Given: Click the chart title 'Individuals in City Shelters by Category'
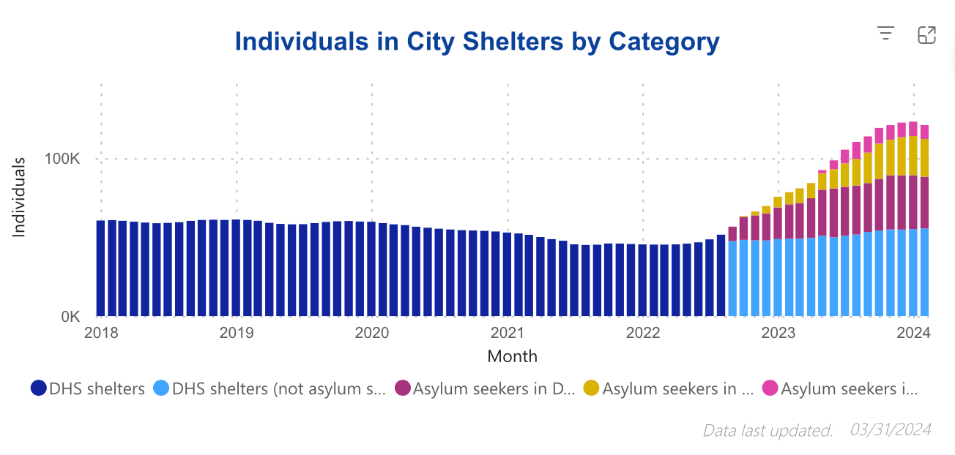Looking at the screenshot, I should (477, 42).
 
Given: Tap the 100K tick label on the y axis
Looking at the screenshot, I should (64, 159).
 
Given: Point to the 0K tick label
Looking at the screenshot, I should (70, 317).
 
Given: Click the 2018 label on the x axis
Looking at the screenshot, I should (101, 334).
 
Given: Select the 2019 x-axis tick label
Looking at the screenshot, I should (237, 334).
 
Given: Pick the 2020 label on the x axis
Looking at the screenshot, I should (372, 334).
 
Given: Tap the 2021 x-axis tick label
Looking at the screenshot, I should (508, 334).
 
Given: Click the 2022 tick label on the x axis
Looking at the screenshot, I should (643, 334).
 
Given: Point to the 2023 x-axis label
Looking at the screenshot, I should (779, 334).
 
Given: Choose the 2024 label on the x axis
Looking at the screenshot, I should (913, 334).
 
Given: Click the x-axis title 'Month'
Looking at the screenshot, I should (512, 357).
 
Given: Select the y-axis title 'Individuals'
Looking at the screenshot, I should (20, 196).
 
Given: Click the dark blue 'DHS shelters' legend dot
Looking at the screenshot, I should (39, 388).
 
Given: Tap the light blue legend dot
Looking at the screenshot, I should (161, 388).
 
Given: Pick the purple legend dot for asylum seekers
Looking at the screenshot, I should (403, 388).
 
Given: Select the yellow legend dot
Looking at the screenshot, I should (591, 388).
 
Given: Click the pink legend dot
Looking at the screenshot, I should (770, 388).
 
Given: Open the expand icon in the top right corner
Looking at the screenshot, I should (926, 34).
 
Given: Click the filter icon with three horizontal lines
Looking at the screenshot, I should (886, 34).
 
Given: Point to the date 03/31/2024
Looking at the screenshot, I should (891, 430).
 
